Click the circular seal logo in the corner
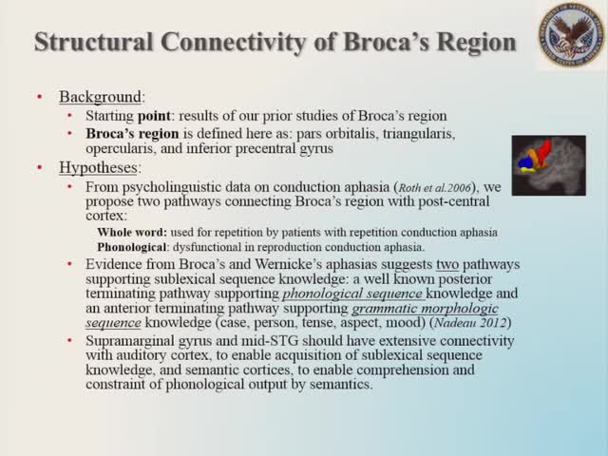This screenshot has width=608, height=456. [x=570, y=36]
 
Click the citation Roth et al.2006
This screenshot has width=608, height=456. [x=416, y=187]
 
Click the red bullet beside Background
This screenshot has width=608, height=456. [x=39, y=98]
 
